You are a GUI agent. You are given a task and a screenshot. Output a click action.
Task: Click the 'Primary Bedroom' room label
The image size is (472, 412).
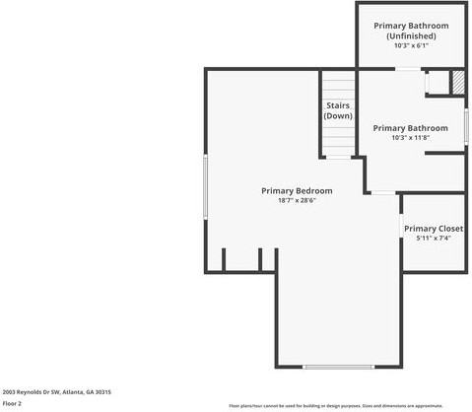296,190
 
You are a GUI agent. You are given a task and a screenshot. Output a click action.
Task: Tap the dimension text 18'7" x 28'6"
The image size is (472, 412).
296,200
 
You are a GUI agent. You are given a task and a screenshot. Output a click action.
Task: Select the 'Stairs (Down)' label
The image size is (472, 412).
338,110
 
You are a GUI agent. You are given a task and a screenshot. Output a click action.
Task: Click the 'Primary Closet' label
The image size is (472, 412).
433,229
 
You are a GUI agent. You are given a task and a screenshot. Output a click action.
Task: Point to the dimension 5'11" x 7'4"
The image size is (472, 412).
433,239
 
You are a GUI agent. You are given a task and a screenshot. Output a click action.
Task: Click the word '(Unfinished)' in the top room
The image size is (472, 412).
411,36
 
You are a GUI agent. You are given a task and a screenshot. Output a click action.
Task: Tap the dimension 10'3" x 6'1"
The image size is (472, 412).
411,46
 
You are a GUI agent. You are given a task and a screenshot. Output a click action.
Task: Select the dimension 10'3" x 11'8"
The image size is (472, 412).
411,138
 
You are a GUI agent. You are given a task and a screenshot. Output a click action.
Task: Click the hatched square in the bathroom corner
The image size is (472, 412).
457,83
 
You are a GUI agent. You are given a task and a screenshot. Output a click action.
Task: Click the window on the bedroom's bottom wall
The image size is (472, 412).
339,367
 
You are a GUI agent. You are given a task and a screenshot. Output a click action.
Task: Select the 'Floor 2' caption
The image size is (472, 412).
12,402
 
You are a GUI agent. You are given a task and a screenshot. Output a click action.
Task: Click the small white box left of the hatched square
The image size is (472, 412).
435,83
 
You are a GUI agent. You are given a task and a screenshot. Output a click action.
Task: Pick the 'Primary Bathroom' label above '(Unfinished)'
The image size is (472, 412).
411,26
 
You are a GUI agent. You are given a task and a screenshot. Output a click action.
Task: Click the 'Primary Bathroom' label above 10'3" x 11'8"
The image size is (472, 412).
411,128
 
